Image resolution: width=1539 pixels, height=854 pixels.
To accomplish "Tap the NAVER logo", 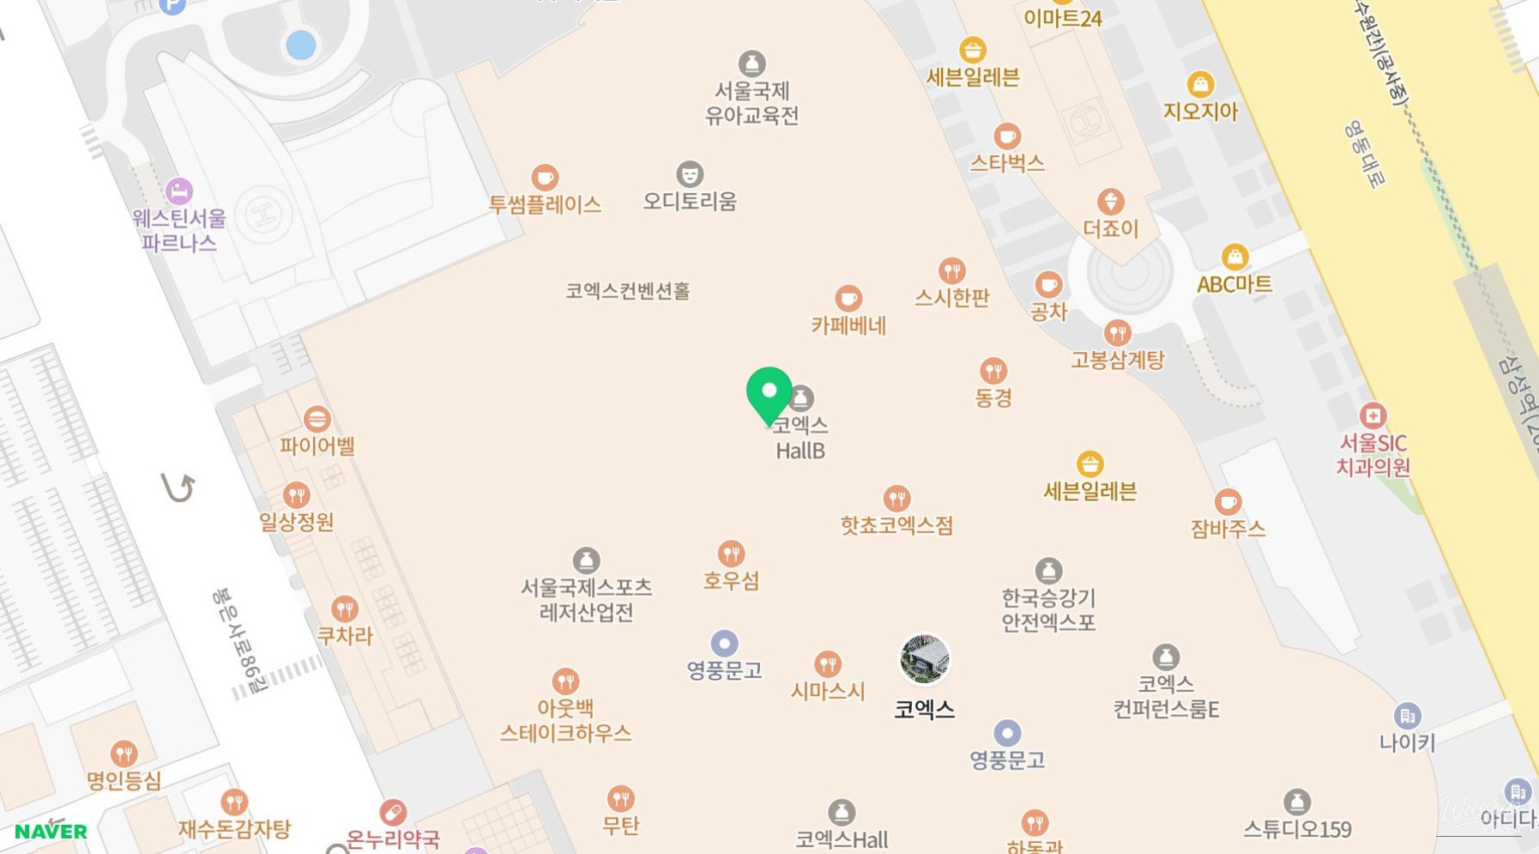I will (51, 831).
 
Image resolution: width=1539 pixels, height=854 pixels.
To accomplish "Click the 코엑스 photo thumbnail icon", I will (924, 659).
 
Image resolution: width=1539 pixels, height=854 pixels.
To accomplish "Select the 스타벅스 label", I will (1006, 163).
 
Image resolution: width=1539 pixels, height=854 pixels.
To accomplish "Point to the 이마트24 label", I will (1062, 18).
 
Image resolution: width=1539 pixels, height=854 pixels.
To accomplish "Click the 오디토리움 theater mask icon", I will (690, 174).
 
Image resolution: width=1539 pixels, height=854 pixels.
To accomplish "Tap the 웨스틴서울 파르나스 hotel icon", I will (178, 191).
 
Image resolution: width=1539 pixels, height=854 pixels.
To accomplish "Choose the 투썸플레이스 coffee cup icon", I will (545, 178).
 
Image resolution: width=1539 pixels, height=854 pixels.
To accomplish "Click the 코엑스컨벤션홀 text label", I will (627, 291).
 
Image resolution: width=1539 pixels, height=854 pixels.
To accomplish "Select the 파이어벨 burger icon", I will (317, 419).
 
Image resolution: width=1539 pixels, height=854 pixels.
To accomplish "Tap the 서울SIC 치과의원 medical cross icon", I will (1373, 416).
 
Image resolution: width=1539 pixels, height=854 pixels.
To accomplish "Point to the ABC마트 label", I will (1234, 284).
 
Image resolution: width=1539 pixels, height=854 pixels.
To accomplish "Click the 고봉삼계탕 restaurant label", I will (1117, 360).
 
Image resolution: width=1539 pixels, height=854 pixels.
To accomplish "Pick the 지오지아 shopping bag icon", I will (1200, 84).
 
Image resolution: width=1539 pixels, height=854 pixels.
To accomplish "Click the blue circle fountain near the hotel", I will (300, 45).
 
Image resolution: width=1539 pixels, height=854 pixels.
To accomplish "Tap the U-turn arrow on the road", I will (178, 488).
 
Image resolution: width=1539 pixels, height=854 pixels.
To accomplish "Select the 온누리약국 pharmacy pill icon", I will (393, 812).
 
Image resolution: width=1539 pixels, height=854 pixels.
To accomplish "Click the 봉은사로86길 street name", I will (239, 640).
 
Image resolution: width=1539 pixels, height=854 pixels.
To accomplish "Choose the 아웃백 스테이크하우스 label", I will (565, 720).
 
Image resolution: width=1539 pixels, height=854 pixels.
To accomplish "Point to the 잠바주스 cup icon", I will (1228, 502).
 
